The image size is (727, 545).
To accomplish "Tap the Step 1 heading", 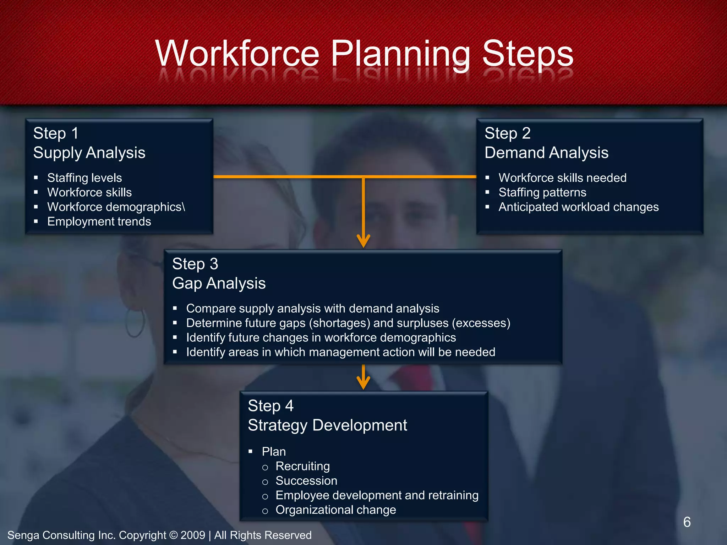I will click(x=56, y=133).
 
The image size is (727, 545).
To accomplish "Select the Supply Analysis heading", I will click(x=89, y=153).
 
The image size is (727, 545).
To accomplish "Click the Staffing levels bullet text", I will click(x=84, y=178).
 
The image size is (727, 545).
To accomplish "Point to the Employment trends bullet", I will click(x=99, y=221).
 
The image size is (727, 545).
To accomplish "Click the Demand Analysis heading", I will click(x=546, y=153).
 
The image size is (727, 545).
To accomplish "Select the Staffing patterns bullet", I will click(x=542, y=192).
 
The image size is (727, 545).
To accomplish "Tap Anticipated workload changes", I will click(x=578, y=207).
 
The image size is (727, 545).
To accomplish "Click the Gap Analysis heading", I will click(x=219, y=283).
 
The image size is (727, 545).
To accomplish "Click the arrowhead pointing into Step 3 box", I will click(x=363, y=241).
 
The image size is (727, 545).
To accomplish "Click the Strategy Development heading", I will click(x=327, y=425).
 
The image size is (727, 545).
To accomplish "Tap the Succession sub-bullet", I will click(x=306, y=481).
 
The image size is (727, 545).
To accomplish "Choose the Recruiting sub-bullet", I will click(x=302, y=466).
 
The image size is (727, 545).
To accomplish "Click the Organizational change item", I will click(x=335, y=510).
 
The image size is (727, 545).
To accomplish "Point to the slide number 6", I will click(x=687, y=522).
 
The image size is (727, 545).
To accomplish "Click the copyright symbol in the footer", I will click(x=173, y=535).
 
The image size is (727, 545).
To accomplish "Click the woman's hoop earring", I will click(x=135, y=323).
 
